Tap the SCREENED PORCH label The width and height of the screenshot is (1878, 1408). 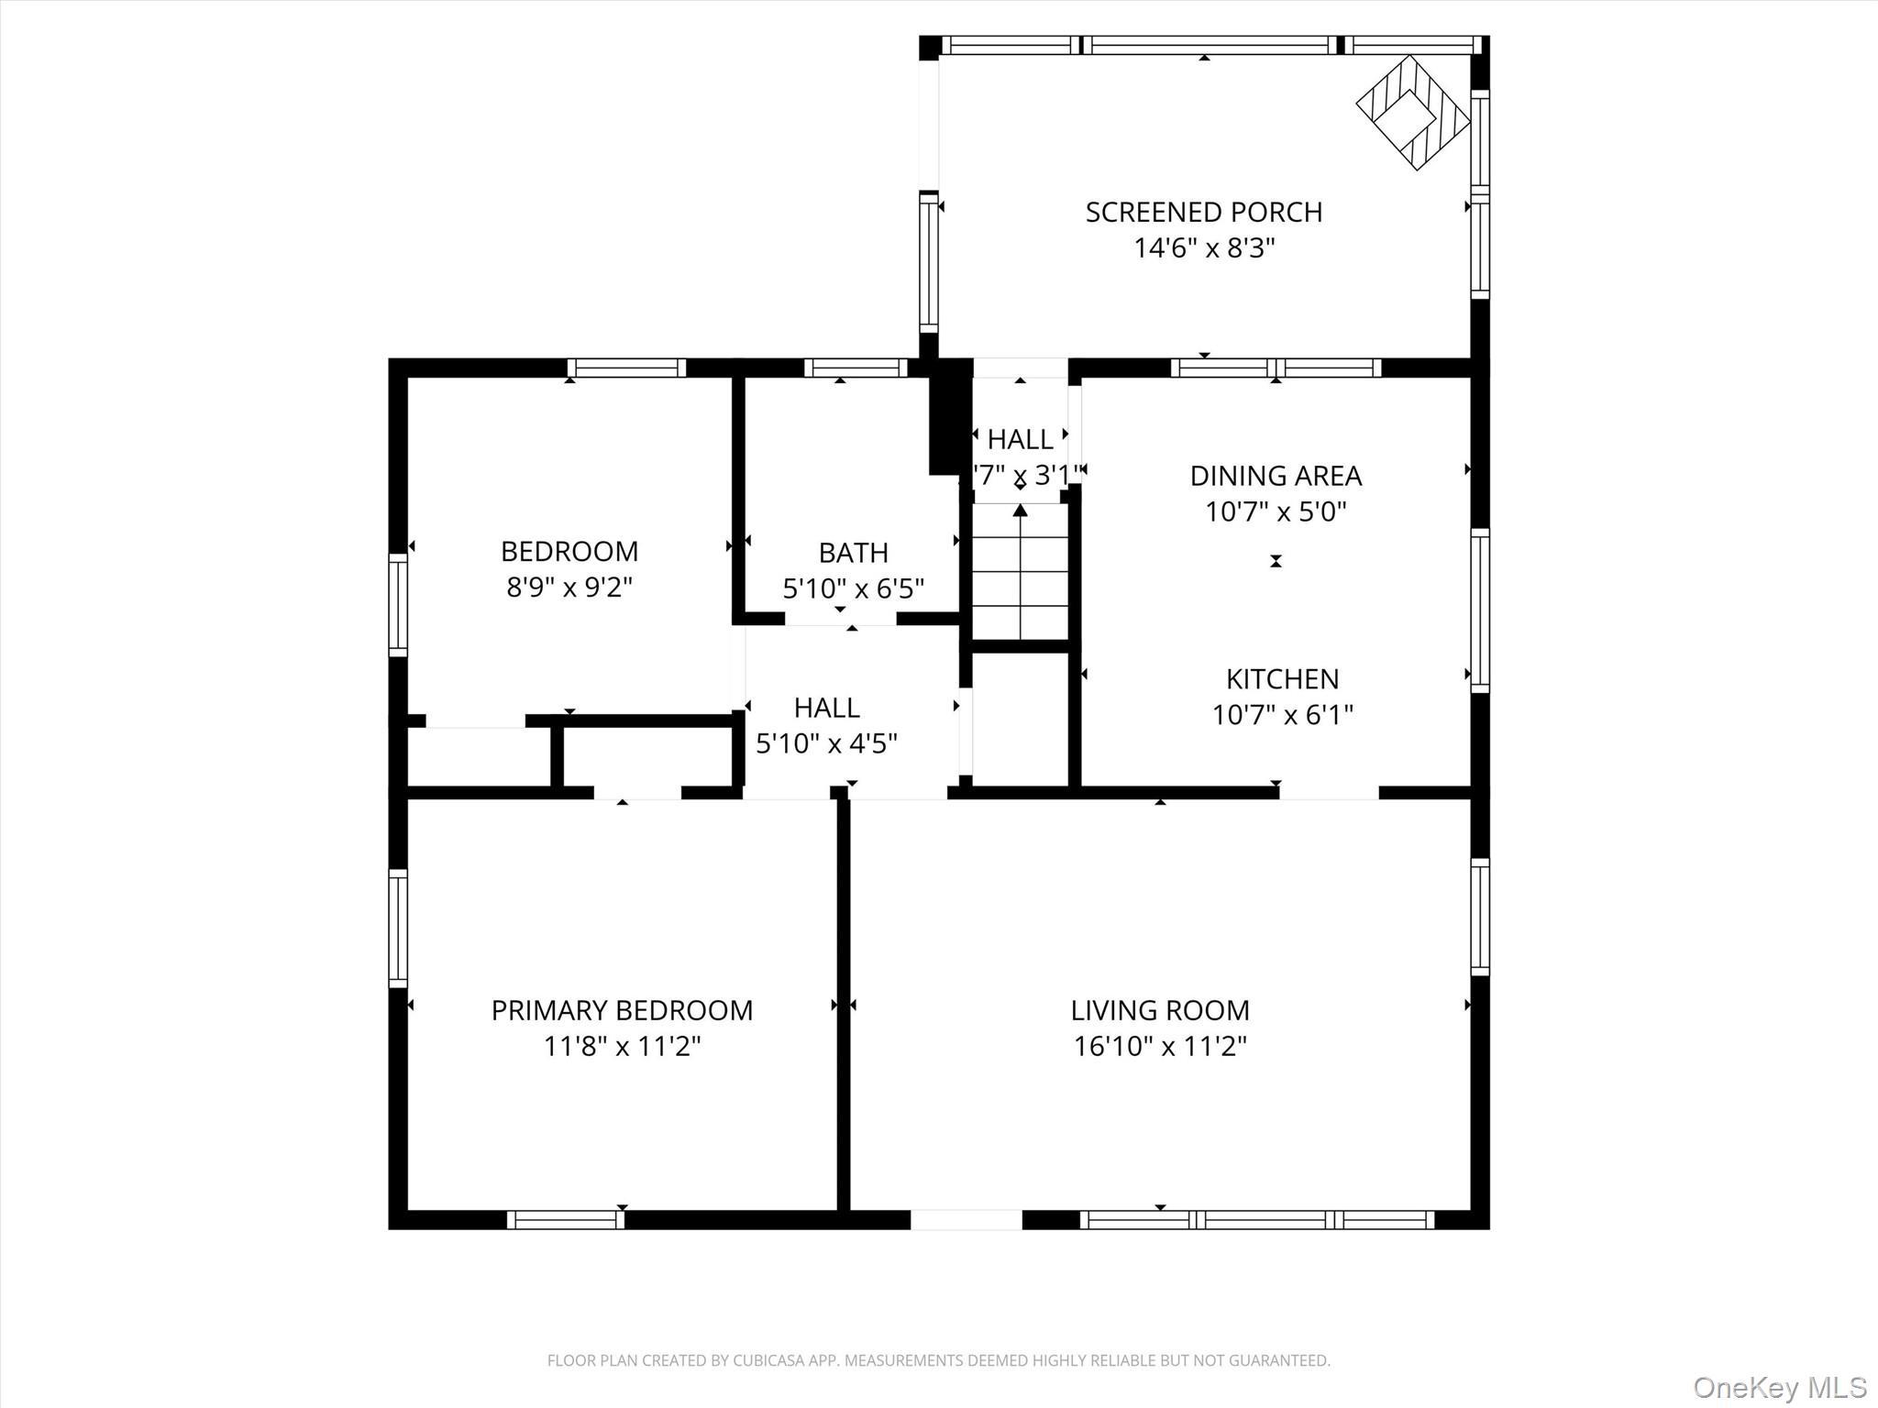1203,213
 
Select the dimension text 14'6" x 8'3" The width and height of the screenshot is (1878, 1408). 1204,248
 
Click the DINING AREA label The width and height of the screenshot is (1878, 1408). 1276,476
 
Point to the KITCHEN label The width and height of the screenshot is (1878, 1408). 1282,679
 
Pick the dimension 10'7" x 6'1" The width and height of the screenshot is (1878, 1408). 1282,715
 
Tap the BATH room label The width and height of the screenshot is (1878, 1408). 853,553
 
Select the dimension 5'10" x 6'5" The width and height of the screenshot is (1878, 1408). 853,588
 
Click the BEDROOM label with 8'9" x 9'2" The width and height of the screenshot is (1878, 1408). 569,551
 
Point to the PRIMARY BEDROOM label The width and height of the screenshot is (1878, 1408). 622,1010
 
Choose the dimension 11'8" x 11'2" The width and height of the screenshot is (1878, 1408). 622,1046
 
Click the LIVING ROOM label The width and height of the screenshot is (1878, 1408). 1160,1010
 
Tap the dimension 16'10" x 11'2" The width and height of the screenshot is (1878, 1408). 1160,1046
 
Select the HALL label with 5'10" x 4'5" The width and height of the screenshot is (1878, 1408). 826,708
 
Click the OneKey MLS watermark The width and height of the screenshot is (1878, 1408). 1779,1387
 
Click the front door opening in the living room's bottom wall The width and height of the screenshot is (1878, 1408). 966,1219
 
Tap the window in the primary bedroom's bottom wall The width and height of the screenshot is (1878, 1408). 566,1219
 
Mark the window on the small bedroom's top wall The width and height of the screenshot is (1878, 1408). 626,368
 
